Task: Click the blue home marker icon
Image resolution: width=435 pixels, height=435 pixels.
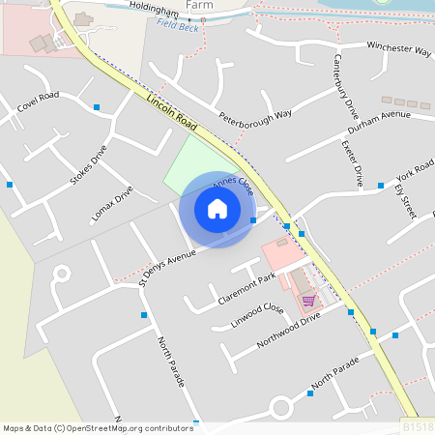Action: pyautogui.click(x=217, y=209)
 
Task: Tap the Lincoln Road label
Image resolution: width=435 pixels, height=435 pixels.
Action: pyautogui.click(x=173, y=113)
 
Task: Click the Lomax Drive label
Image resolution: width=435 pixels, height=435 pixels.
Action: pyautogui.click(x=111, y=204)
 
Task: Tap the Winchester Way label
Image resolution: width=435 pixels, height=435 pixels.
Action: pyautogui.click(x=398, y=48)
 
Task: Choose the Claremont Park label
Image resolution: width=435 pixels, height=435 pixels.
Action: pyautogui.click(x=246, y=288)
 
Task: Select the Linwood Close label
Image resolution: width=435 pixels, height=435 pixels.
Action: pyautogui.click(x=257, y=316)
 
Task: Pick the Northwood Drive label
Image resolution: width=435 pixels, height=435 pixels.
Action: pyautogui.click(x=288, y=331)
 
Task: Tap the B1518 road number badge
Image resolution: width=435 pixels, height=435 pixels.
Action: pyautogui.click(x=417, y=426)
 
